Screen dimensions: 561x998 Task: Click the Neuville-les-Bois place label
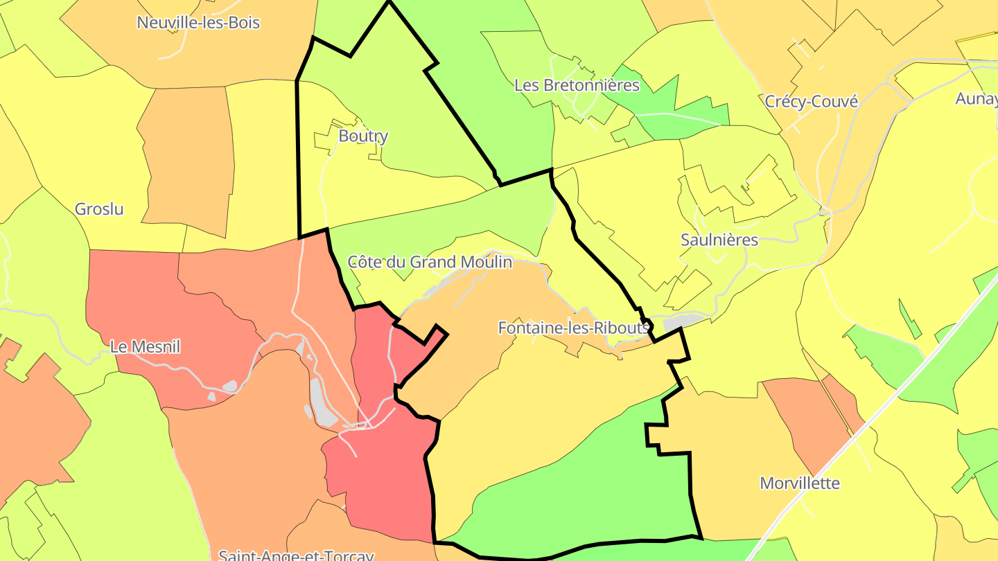pyautogui.click(x=198, y=22)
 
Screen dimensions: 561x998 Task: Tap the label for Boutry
pyautogui.click(x=362, y=136)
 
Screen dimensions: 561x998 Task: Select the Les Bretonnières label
pyautogui.click(x=577, y=85)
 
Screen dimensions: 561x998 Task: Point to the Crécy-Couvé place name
pyautogui.click(x=811, y=101)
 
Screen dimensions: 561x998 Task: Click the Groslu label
pyautogui.click(x=99, y=208)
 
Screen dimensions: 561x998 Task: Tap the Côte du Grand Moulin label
pyautogui.click(x=430, y=262)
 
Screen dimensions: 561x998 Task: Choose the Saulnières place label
pyautogui.click(x=719, y=240)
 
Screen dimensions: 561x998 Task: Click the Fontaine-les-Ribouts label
pyautogui.click(x=574, y=328)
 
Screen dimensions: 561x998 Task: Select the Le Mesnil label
pyautogui.click(x=145, y=346)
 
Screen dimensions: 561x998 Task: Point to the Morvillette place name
pyautogui.click(x=799, y=483)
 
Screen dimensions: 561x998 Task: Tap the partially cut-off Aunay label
pyautogui.click(x=977, y=98)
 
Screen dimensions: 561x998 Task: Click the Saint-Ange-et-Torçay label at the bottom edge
pyautogui.click(x=296, y=555)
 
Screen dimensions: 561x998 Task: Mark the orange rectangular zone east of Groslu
pyautogui.click(x=187, y=159)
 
